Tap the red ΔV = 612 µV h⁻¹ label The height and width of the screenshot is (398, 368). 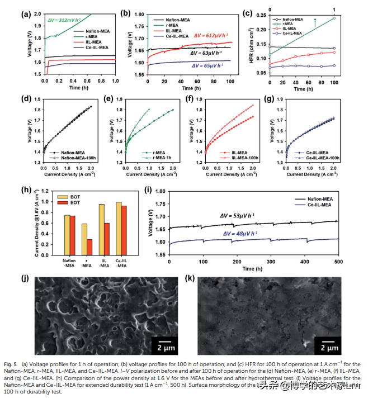click(x=213, y=35)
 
